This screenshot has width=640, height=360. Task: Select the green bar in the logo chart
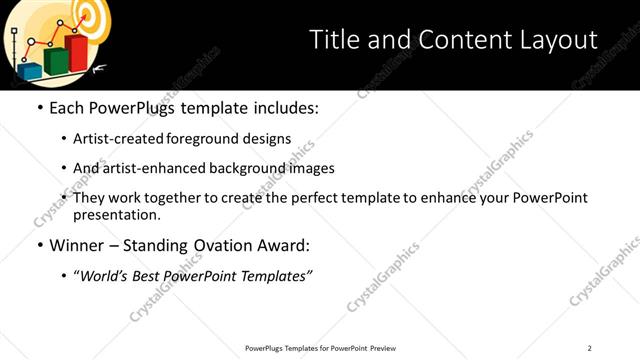click(x=56, y=61)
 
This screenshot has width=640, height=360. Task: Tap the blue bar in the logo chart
click(x=30, y=71)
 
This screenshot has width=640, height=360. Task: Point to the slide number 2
click(x=589, y=348)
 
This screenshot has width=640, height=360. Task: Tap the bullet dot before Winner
click(x=39, y=245)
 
